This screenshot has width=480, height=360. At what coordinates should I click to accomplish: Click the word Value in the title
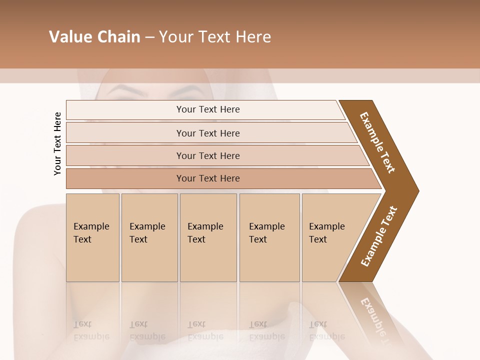[x=69, y=37]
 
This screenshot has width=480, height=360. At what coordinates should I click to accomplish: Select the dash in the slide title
[x=149, y=37]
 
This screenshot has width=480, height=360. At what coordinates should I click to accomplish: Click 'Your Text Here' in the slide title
[x=215, y=37]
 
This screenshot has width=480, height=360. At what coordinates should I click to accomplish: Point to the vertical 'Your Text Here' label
[x=57, y=143]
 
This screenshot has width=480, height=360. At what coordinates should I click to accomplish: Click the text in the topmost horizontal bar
[x=208, y=109]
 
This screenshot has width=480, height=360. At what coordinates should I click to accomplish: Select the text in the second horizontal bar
[x=208, y=133]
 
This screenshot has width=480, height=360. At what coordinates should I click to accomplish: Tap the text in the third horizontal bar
[x=208, y=156]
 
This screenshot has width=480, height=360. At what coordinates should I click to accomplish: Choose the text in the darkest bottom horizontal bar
[x=208, y=178]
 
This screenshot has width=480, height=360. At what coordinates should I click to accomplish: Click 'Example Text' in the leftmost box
[x=91, y=233]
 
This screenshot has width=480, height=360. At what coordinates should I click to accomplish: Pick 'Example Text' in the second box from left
[x=147, y=233]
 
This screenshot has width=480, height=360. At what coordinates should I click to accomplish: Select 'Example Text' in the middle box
[x=205, y=233]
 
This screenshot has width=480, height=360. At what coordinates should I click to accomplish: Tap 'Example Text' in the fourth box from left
[x=266, y=233]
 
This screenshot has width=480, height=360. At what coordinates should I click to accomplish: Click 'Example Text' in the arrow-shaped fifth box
[x=326, y=233]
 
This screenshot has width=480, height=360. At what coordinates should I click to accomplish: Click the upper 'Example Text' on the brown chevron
[x=377, y=142]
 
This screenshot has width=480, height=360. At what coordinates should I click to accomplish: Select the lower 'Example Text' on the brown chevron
[x=379, y=236]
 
